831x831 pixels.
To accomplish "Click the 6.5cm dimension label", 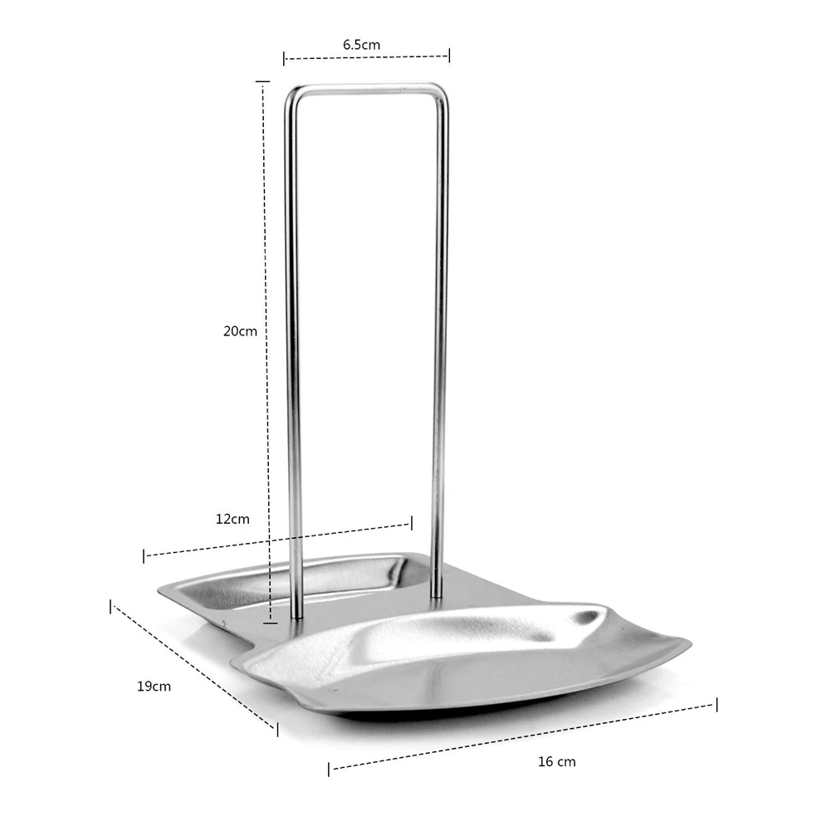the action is pos(361,45).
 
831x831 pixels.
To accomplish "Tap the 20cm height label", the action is pos(240,331).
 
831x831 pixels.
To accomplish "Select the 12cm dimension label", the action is pos(232,519).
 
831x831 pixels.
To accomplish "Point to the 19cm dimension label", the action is pos(154,687).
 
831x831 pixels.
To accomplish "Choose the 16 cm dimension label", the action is pos(556,761).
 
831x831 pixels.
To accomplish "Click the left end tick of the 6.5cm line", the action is pos(284,58).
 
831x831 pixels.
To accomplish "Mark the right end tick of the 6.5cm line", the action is pos(449,55).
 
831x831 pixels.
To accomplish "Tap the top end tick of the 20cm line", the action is pos(263,81).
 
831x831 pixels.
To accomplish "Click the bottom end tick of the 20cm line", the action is pos(271,623).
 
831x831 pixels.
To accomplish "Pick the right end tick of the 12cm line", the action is pos(412,523).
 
